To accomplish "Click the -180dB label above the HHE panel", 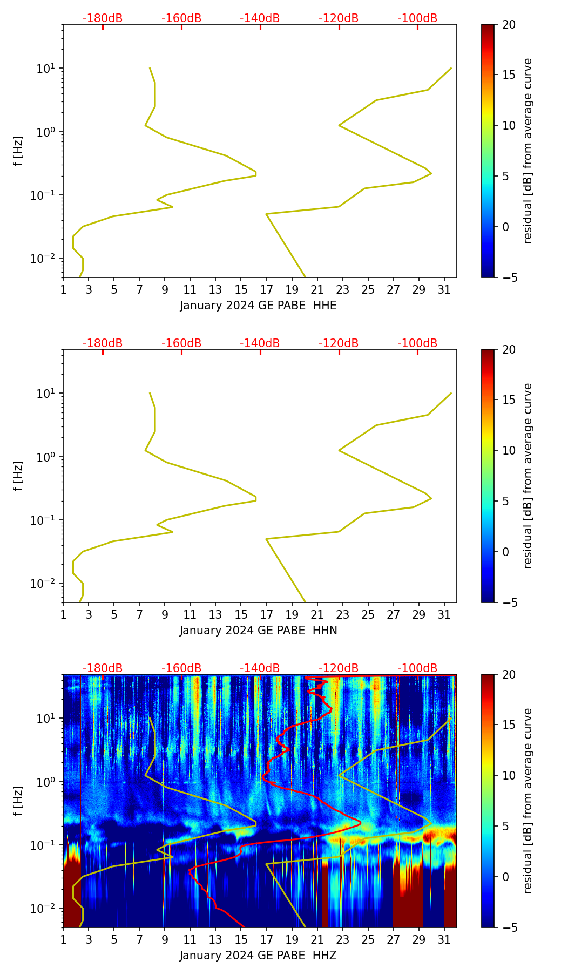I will [103, 18].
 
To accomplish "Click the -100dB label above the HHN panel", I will [417, 343].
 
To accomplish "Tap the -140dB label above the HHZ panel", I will [260, 668].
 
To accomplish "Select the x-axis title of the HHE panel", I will [258, 306].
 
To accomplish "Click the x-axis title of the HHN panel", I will [258, 631].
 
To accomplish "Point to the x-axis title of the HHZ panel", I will [258, 956].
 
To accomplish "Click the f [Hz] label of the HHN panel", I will [18, 476].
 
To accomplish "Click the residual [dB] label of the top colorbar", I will [528, 151].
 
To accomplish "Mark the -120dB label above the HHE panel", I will [339, 18].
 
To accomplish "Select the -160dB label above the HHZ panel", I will [181, 668].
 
